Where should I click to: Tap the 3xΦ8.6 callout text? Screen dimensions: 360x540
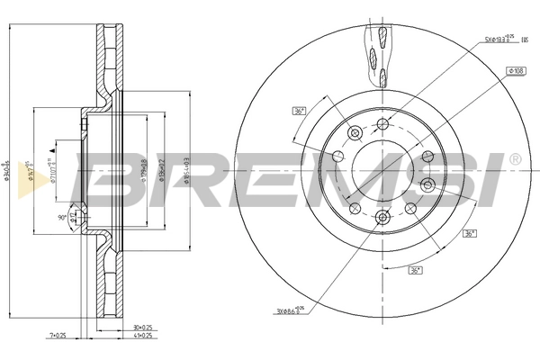[290, 311]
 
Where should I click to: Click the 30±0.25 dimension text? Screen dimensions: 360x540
[143, 327]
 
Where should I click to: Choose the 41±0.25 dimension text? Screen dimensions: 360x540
[143, 336]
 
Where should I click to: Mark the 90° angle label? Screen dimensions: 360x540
[63, 216]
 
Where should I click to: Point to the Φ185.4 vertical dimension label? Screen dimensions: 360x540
[186, 171]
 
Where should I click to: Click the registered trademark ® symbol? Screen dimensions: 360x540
[514, 159]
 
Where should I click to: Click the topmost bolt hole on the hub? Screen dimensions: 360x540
[382, 123]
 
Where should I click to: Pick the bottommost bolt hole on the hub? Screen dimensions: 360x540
[382, 216]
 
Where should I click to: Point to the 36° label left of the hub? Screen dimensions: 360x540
[299, 111]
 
